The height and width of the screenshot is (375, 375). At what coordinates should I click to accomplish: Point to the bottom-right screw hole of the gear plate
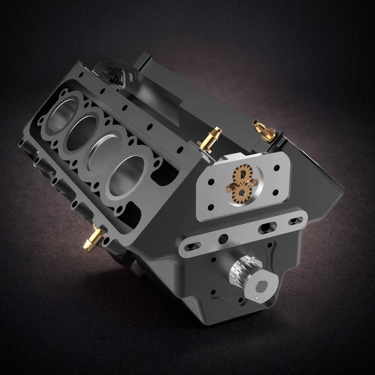(x=275, y=192)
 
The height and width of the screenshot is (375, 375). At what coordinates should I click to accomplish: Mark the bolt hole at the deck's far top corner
(x=82, y=74)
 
